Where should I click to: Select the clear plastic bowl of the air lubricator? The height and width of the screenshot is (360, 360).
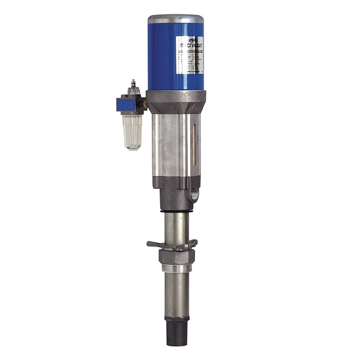(x=131, y=131)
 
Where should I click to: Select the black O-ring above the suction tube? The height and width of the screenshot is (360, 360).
(x=176, y=211)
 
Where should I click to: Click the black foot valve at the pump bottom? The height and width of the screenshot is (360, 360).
(x=176, y=335)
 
